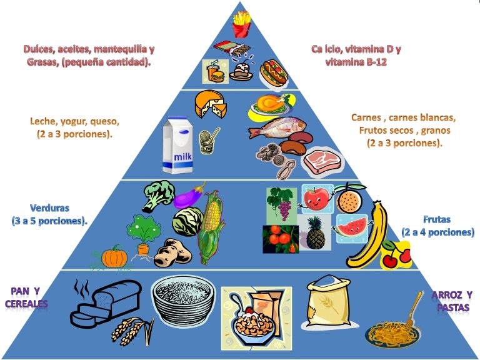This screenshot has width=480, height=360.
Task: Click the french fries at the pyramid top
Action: click(x=241, y=25)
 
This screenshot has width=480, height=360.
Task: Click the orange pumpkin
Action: click(x=115, y=257)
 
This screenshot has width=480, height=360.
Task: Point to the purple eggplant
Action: click(x=189, y=196)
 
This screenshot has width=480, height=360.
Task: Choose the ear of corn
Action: click(x=211, y=226)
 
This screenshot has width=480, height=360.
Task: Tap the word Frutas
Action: click(x=437, y=220)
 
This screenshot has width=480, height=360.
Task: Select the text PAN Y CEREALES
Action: click(x=26, y=297)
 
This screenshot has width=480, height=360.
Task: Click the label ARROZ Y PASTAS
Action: click(x=452, y=301)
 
